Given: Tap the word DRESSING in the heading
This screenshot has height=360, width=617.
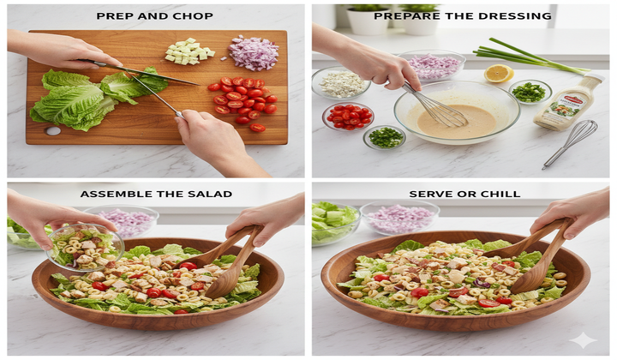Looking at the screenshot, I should pyautogui.click(x=512, y=15).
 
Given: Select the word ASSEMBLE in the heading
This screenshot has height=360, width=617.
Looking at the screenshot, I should pyautogui.click(x=113, y=194).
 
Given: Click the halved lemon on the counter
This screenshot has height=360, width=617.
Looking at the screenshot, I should pyautogui.click(x=498, y=74).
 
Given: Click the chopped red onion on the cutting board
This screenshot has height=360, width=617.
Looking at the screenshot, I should pyautogui.click(x=253, y=53).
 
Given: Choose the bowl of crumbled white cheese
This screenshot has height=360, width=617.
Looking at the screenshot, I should pyautogui.click(x=341, y=83).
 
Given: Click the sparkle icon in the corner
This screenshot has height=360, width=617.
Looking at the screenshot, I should pyautogui.click(x=583, y=339).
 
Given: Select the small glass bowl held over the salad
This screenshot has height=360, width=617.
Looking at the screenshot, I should pyautogui.click(x=85, y=247).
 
